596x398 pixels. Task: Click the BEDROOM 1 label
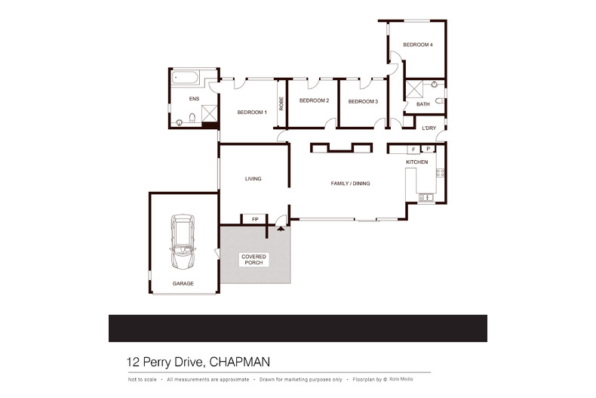pos(252,112)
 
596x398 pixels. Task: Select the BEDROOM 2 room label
pos(314,100)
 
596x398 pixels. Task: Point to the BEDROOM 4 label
pos(417,45)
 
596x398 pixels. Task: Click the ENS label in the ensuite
pos(194,99)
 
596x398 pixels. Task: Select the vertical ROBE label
pos(281,104)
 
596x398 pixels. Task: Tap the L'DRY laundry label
pos(429,128)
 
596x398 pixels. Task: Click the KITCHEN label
pos(417,162)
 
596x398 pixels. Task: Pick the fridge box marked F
pos(414,150)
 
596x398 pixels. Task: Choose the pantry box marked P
pos(428,150)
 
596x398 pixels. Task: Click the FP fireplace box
pos(255,219)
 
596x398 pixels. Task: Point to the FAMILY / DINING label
pos(350,184)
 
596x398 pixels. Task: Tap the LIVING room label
pos(253,179)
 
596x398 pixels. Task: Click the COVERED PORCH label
pos(253,260)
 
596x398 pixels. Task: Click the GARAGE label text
pos(183,283)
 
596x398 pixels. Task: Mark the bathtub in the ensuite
pos(185,78)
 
